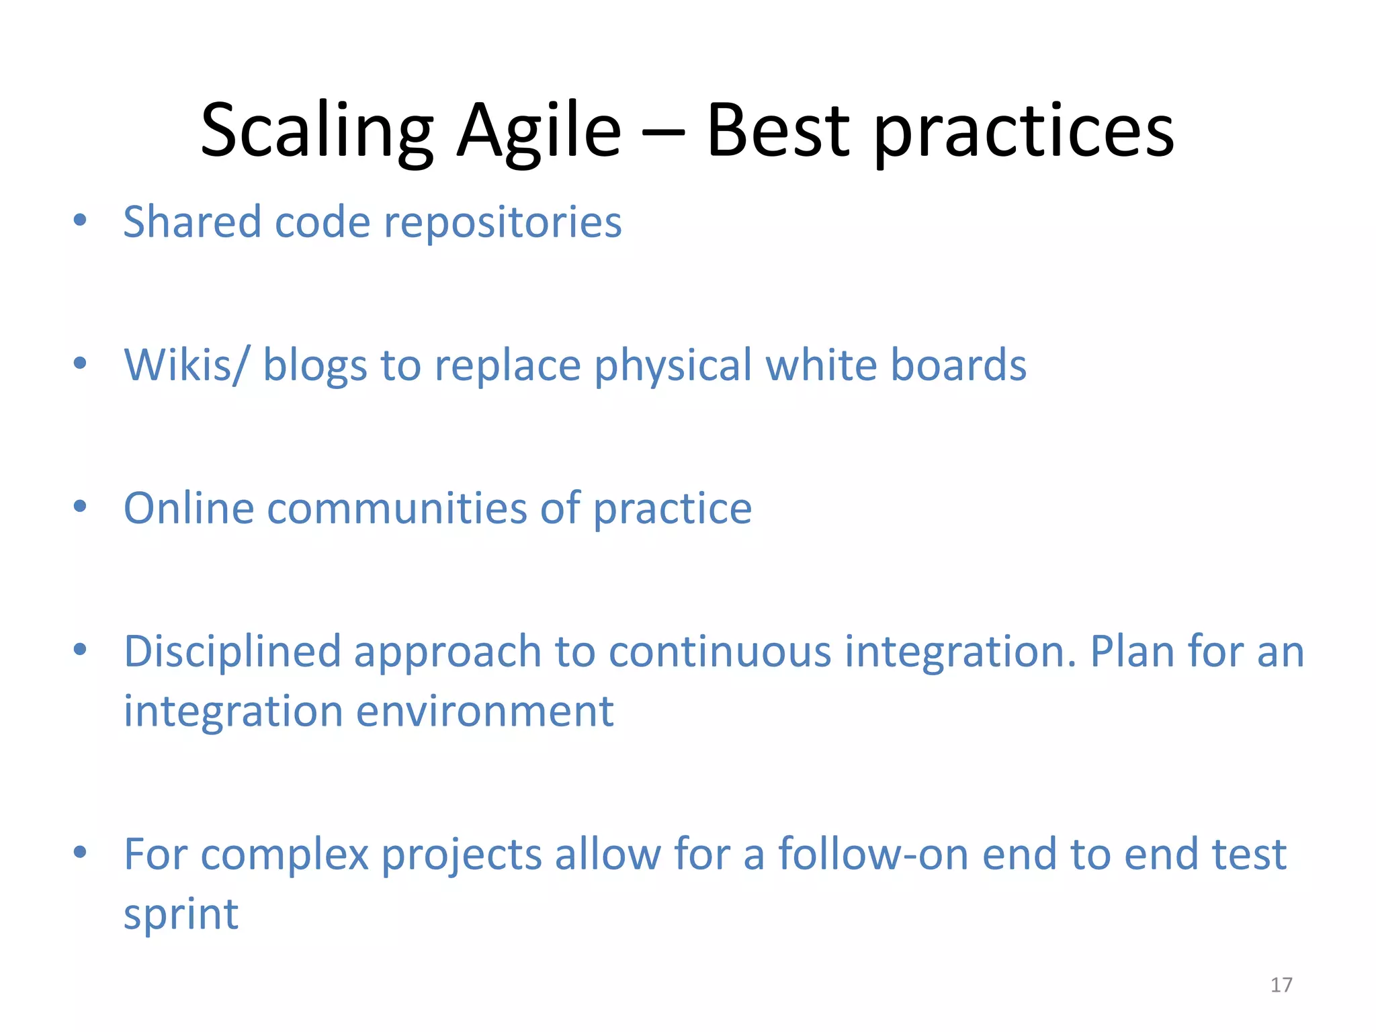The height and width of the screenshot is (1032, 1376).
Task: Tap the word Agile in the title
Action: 539,131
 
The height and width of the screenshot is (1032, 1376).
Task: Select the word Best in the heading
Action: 778,131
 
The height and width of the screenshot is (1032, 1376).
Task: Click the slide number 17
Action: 1281,985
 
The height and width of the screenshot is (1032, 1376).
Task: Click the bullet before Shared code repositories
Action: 80,220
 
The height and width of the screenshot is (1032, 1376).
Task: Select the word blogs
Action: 314,365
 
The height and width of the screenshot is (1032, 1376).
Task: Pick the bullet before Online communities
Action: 80,506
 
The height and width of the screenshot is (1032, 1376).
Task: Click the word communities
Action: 396,509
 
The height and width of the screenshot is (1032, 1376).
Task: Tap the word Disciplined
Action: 232,652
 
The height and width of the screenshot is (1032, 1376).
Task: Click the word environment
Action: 484,711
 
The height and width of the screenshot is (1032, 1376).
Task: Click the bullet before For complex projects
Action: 80,852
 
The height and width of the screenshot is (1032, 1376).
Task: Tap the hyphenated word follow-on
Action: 873,855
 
